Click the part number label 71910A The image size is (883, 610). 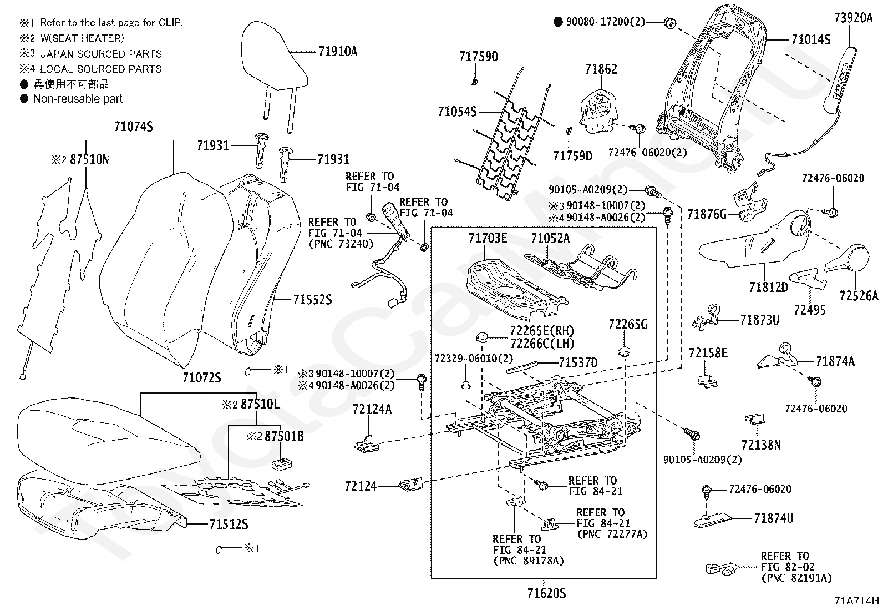tap(338, 52)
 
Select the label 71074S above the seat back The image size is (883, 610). tap(134, 127)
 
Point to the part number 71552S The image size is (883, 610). tap(312, 300)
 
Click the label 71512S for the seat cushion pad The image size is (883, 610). tap(229, 525)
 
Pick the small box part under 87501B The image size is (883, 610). tap(281, 463)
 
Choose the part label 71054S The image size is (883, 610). tap(457, 112)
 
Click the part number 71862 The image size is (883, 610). tap(601, 69)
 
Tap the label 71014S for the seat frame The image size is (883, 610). tap(811, 40)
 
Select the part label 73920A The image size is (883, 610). tap(854, 18)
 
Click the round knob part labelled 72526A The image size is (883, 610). tap(848, 258)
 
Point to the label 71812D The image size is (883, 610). tap(768, 288)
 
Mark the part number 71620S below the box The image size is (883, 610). tap(547, 593)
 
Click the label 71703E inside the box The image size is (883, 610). tap(488, 238)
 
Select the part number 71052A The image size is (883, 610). tap(550, 238)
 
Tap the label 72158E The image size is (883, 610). tap(708, 353)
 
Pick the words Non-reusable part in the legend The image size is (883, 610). tap(78, 99)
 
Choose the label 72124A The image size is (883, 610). tap(372, 410)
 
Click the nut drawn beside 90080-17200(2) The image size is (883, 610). tap(669, 23)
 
